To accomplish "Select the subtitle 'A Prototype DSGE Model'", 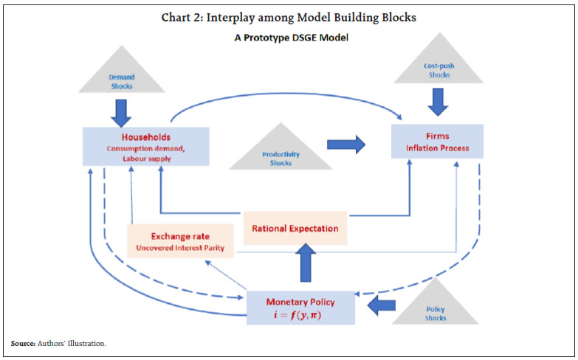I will coord(288,38).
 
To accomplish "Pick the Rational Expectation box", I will coord(295,228).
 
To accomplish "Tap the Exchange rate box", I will coord(181,241).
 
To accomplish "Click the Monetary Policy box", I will coord(300,308).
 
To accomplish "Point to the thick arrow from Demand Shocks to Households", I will coord(123,110).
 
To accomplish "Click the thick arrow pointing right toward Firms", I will coord(345,144).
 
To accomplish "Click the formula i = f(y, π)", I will coord(300,316).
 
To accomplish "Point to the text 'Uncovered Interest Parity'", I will coord(182,248).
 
